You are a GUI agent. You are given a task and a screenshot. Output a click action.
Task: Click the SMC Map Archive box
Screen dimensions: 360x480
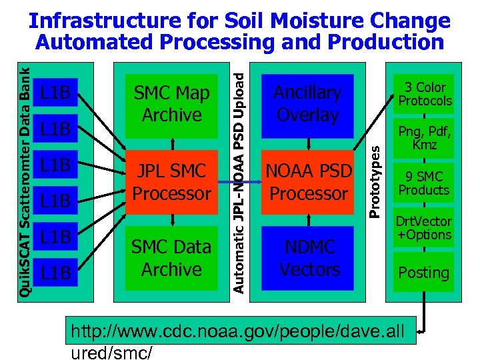172,103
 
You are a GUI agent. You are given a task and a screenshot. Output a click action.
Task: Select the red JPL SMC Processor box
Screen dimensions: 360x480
172,182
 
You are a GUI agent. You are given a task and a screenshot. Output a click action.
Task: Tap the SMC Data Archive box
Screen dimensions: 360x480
172,258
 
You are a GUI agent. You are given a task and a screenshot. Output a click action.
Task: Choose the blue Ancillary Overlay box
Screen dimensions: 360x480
307,103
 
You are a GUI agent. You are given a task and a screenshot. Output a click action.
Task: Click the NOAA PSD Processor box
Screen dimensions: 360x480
307,182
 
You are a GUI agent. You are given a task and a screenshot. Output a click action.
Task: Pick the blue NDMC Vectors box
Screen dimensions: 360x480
309,258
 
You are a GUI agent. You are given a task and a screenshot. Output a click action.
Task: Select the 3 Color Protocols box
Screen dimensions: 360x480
425,94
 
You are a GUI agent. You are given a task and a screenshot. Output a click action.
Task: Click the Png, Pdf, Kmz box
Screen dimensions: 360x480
423,137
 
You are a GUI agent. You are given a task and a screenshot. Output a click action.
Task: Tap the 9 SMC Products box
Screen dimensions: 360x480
423,183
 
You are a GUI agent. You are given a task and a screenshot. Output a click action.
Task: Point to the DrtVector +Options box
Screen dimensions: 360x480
424,227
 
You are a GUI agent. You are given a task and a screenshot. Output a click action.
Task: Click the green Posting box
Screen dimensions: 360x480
423,272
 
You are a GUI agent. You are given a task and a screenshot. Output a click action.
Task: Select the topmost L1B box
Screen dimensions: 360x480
55,92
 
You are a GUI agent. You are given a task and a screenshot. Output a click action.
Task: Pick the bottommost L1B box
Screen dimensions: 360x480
55,272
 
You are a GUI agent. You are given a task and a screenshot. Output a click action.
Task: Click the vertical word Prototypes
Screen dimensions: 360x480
375,172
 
